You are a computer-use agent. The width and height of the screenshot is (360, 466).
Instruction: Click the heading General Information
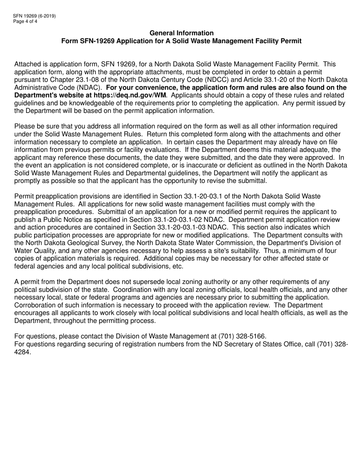pyautogui.click(x=182, y=33)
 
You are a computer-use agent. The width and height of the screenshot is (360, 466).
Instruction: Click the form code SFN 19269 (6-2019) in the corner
pyautogui.click(x=34, y=16)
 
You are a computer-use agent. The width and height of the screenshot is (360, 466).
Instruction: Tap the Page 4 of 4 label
pyautogui.click(x=26, y=21)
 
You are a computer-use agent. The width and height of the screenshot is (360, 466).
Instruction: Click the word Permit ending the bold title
pyautogui.click(x=292, y=41)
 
